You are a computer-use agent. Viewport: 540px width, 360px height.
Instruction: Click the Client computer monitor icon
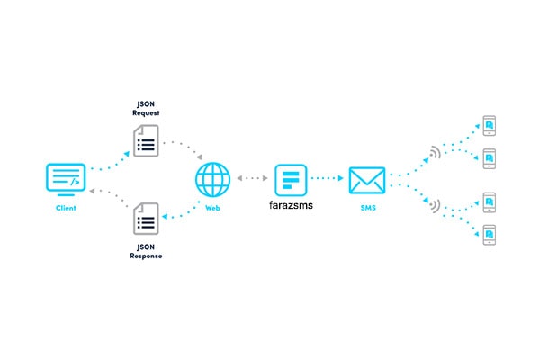(66, 179)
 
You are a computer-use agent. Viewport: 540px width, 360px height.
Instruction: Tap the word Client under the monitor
(66, 208)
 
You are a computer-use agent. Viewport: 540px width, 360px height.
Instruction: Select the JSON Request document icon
(146, 141)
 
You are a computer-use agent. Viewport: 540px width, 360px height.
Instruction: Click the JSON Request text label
(146, 109)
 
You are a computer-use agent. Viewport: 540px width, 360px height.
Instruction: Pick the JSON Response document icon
(146, 219)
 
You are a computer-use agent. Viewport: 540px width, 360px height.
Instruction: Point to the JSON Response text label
(146, 251)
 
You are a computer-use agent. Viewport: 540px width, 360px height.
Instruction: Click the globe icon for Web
(212, 180)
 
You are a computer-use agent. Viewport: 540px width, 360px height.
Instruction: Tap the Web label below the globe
(212, 208)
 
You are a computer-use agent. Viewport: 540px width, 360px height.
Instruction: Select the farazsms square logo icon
(291, 180)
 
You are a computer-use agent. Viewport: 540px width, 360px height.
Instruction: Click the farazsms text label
(291, 205)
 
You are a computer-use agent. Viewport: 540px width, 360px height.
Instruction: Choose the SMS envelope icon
(367, 181)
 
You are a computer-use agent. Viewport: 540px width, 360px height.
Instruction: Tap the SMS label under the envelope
(368, 208)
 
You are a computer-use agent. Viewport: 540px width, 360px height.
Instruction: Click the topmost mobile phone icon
(490, 126)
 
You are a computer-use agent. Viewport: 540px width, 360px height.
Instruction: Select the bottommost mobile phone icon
(490, 235)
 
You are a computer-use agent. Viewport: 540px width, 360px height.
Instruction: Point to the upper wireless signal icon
(436, 153)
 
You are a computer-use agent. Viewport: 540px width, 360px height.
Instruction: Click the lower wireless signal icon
(436, 206)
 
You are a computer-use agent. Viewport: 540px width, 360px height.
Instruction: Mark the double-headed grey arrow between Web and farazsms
(252, 178)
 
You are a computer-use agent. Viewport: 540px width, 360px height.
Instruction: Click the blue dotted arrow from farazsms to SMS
(328, 178)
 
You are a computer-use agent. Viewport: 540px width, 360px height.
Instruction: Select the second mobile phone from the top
(490, 158)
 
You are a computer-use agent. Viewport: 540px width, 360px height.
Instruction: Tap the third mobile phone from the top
(490, 202)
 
